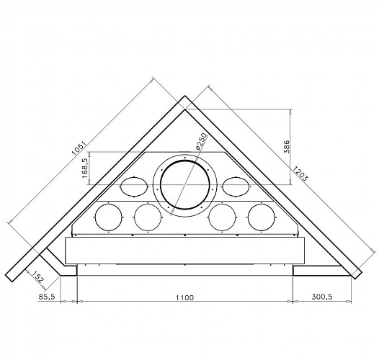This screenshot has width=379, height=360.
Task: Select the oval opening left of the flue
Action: (x=134, y=186)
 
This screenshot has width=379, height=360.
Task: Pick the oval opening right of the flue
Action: (x=236, y=186)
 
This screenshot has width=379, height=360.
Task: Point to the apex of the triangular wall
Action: (x=185, y=99)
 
